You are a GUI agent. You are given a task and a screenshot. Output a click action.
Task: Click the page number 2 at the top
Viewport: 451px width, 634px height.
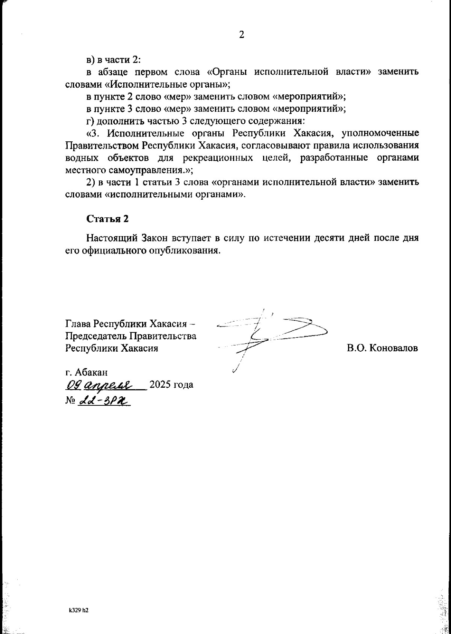tap(242, 35)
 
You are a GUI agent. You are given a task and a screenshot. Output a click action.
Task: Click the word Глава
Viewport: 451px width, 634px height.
tap(78, 324)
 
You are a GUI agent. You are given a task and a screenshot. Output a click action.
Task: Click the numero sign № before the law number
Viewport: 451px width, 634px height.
tap(70, 401)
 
